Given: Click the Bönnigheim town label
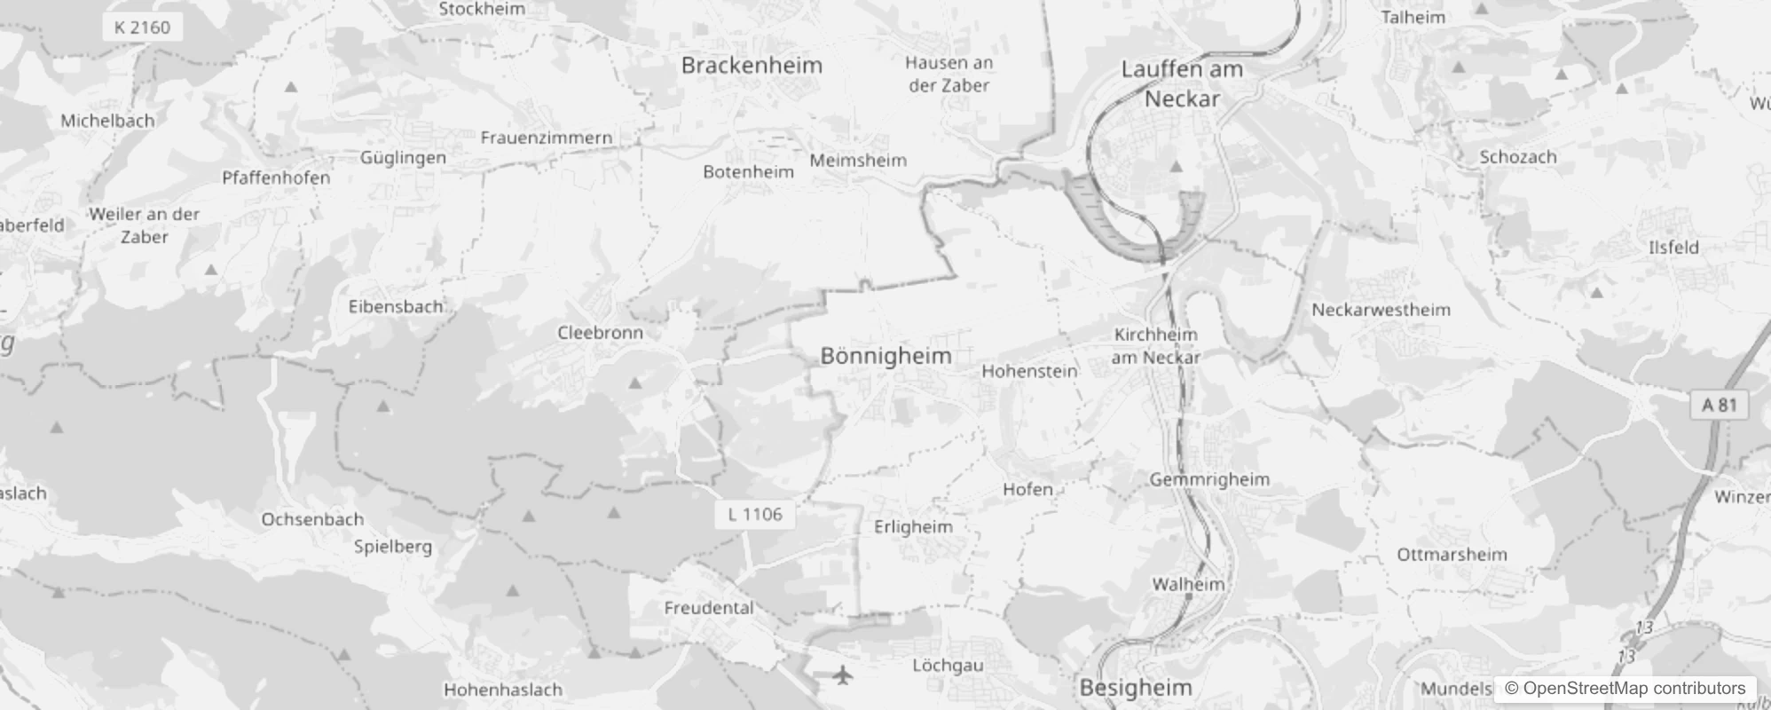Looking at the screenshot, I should [x=885, y=356].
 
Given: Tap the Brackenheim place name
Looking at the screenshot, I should [x=752, y=65].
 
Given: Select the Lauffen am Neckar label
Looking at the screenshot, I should [x=1182, y=83].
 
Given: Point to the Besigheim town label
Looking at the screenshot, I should [x=1135, y=688].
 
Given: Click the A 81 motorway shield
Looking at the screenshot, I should [x=1719, y=405].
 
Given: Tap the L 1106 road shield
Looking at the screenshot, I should [x=754, y=514].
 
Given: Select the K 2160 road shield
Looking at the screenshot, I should [x=142, y=28].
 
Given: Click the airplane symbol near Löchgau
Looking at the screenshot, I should [x=843, y=675].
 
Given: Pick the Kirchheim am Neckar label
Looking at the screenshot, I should [x=1155, y=345].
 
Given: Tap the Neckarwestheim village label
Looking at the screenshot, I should [x=1381, y=310].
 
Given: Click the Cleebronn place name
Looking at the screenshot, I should [x=600, y=333].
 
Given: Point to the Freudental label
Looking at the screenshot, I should [x=708, y=608].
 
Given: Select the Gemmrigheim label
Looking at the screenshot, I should [x=1209, y=479].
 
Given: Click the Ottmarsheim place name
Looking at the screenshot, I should [x=1452, y=555].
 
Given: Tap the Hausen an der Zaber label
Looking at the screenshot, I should [x=948, y=75].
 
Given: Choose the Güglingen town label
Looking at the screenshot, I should [x=403, y=157].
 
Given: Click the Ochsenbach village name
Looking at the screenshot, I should [x=312, y=519].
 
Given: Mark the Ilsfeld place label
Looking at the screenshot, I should [x=1673, y=248].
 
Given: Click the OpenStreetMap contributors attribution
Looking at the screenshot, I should [x=1625, y=688].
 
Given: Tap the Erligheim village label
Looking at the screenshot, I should [x=913, y=526].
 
